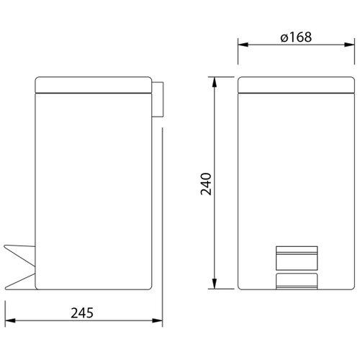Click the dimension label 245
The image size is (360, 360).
(82, 312)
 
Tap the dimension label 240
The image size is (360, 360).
(206, 184)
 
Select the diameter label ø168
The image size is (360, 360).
(296, 37)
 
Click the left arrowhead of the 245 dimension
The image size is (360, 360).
(10, 320)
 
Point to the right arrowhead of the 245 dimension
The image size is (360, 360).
(157, 320)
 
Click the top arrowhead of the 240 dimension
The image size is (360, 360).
(215, 82)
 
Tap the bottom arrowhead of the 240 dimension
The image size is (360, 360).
(215, 284)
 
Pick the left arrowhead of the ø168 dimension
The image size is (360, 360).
(243, 45)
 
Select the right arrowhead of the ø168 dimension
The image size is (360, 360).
(349, 45)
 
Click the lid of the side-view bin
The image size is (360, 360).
(94, 85)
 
